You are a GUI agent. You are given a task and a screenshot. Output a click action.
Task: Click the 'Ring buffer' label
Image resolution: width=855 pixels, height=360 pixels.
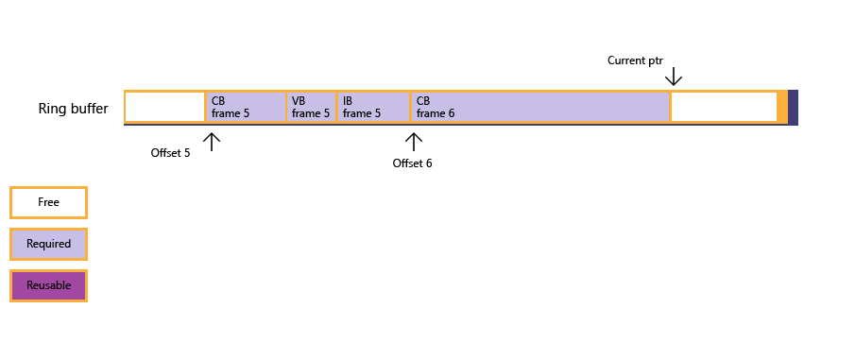click(73, 109)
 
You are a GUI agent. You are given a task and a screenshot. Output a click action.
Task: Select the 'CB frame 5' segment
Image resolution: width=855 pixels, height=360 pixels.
click(246, 107)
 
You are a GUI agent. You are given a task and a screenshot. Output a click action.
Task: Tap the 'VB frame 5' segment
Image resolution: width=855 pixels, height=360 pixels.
click(311, 107)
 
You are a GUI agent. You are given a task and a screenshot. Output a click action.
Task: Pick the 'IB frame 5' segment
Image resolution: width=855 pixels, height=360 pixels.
click(373, 107)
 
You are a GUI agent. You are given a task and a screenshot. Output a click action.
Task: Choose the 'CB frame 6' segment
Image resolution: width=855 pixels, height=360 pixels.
click(540, 107)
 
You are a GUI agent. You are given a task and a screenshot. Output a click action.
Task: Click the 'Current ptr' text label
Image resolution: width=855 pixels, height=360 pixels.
click(635, 60)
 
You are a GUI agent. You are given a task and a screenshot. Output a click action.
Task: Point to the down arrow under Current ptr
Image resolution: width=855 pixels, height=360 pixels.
click(673, 77)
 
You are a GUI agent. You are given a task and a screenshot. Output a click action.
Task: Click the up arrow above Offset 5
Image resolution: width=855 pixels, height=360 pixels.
click(212, 142)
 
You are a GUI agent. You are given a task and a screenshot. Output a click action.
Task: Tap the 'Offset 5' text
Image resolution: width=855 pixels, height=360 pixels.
click(170, 153)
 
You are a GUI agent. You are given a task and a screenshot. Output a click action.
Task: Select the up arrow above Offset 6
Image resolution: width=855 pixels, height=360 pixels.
click(413, 142)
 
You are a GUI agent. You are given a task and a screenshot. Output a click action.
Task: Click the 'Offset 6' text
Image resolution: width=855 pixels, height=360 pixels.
click(412, 163)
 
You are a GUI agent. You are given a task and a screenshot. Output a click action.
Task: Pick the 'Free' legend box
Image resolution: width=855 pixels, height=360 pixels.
click(48, 202)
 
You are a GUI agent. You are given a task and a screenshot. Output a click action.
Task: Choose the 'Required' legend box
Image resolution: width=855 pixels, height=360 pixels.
click(48, 244)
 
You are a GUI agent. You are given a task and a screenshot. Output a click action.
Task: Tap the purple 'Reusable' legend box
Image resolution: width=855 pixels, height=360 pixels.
click(48, 285)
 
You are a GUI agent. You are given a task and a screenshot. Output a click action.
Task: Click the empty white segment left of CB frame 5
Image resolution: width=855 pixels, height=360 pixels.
click(164, 107)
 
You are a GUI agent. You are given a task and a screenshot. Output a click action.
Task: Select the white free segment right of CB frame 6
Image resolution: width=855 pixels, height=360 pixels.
click(724, 107)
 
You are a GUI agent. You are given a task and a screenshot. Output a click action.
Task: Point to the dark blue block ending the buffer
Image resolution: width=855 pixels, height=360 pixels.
click(793, 107)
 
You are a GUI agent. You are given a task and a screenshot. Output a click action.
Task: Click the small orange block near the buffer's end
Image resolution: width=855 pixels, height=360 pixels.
click(782, 107)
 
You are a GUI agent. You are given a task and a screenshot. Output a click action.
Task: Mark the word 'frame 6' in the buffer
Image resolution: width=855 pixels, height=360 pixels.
click(436, 113)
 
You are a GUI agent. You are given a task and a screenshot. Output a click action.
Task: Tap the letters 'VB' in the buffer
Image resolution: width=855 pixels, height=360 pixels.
click(299, 100)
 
